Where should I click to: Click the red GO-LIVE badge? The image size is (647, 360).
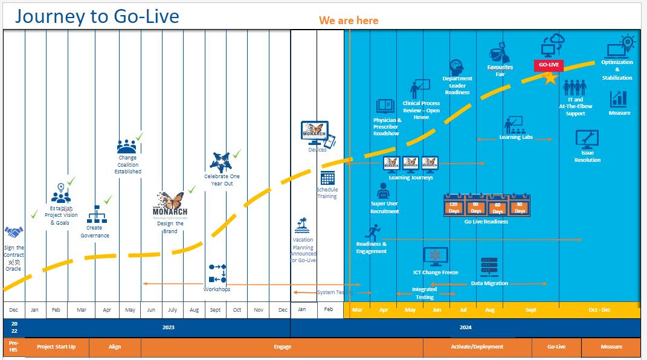coord(549,65)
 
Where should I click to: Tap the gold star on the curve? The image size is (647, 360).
coord(550,78)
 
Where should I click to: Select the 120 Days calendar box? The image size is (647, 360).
coord(454,207)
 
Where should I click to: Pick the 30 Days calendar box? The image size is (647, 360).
coord(520,207)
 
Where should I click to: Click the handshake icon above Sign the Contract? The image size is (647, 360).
coord(13,232)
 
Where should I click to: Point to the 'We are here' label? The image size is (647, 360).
coord(349,21)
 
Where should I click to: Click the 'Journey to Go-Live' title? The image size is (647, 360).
coord(97,16)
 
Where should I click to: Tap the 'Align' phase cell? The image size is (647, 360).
coord(115,347)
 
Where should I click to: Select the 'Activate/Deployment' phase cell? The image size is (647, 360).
coord(477,347)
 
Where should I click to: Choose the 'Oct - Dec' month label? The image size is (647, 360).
coord(599,310)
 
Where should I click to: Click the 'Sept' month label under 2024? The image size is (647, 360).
coord(530,310)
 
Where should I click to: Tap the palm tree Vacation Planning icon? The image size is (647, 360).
coord(303,226)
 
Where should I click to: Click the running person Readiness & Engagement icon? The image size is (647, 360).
coord(373,232)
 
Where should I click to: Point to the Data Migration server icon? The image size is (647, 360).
coord(489,267)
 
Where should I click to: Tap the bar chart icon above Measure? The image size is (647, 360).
coord(619,98)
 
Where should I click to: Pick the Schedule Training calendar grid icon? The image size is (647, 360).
coord(327,178)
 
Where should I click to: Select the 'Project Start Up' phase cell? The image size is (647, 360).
coord(56,347)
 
